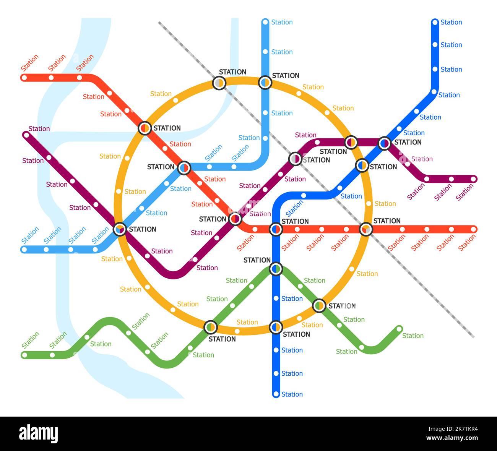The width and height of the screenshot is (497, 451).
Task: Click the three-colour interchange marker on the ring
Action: (x=120, y=229)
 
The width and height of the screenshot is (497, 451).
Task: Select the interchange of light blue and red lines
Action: (x=184, y=167)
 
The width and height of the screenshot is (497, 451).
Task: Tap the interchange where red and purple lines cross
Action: (x=235, y=219)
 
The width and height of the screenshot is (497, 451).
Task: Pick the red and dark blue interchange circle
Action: (x=276, y=229)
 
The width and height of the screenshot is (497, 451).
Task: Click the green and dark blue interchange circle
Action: (x=276, y=269)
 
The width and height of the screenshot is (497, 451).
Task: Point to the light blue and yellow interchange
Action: (x=265, y=82)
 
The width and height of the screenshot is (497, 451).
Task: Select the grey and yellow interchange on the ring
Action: (x=219, y=83)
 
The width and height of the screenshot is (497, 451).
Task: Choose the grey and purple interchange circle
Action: (x=295, y=158)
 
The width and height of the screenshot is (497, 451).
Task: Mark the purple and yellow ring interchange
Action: (x=351, y=143)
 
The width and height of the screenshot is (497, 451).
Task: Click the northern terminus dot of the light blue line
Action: (x=265, y=22)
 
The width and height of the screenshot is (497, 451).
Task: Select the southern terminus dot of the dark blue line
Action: (x=276, y=394)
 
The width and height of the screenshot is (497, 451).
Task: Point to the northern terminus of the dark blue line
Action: (x=435, y=22)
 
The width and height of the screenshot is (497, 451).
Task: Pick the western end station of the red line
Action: (x=24, y=78)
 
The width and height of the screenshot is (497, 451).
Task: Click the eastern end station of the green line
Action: (x=399, y=329)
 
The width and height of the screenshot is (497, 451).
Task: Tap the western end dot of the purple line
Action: (x=26, y=135)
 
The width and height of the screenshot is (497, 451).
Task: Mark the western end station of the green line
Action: (x=24, y=355)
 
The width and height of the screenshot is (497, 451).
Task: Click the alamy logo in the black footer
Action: (x=39, y=434)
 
